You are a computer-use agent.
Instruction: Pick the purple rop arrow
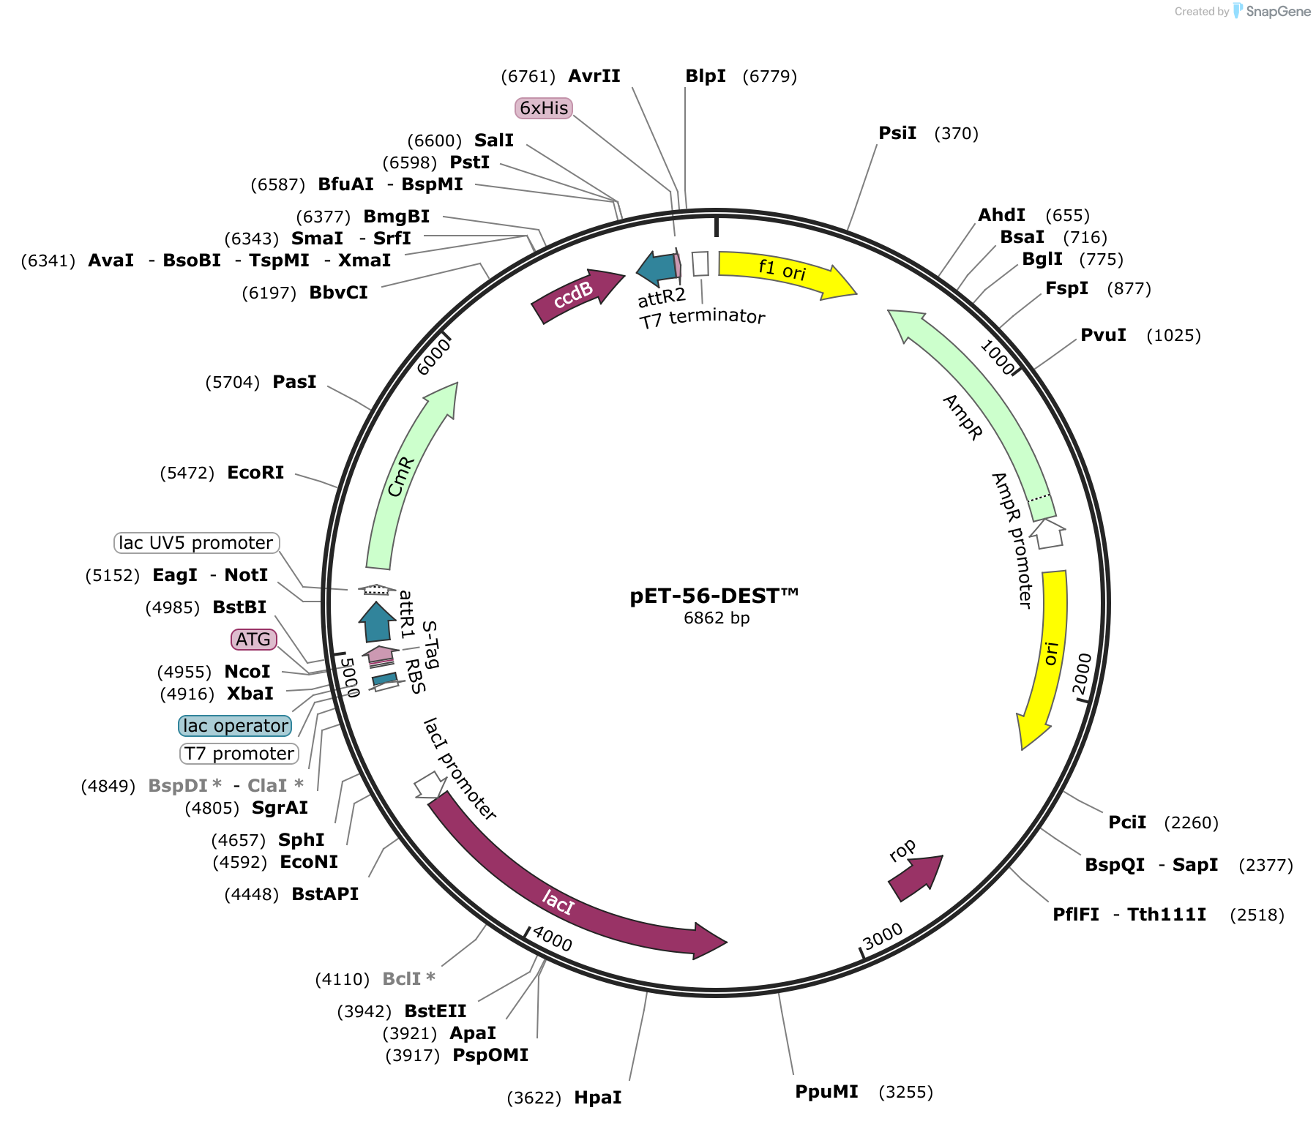click(x=916, y=877)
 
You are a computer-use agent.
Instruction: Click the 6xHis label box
click(x=544, y=108)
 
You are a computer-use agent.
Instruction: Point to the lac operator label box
click(x=235, y=726)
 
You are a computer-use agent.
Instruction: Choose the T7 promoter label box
click(x=239, y=754)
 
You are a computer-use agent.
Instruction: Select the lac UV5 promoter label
click(x=196, y=543)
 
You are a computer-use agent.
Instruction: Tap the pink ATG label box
click(x=253, y=640)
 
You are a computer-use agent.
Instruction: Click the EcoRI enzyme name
click(x=255, y=473)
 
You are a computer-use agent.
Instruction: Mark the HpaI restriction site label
click(x=598, y=1098)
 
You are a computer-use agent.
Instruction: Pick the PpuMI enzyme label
click(x=826, y=1092)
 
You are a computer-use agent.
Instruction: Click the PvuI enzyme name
click(x=1103, y=335)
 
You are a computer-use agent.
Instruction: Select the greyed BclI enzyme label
click(x=408, y=979)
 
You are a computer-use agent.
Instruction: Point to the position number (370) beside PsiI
click(x=957, y=133)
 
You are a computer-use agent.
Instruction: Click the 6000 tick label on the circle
click(x=433, y=357)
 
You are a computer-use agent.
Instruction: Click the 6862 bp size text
click(x=717, y=618)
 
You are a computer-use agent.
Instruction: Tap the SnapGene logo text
click(x=1278, y=11)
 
